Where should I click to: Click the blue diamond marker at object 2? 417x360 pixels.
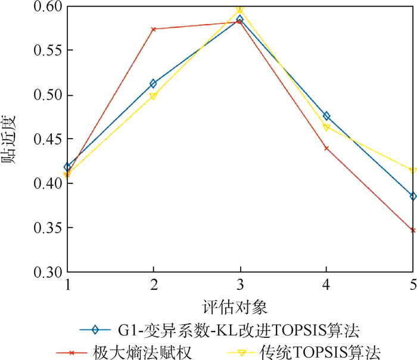[153, 84]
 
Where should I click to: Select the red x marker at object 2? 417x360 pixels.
[153, 29]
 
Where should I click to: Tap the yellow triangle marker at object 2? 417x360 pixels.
[153, 96]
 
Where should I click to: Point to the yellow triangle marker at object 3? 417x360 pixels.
[240, 10]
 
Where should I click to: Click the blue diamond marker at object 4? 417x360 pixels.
[326, 116]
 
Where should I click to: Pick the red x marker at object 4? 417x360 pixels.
[326, 148]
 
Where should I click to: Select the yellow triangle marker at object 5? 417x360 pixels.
[413, 171]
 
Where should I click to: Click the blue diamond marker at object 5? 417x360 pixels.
[413, 196]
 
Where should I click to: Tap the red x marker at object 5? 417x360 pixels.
[413, 230]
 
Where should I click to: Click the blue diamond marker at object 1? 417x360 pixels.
[67, 167]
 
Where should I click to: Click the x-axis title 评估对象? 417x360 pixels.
[240, 307]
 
